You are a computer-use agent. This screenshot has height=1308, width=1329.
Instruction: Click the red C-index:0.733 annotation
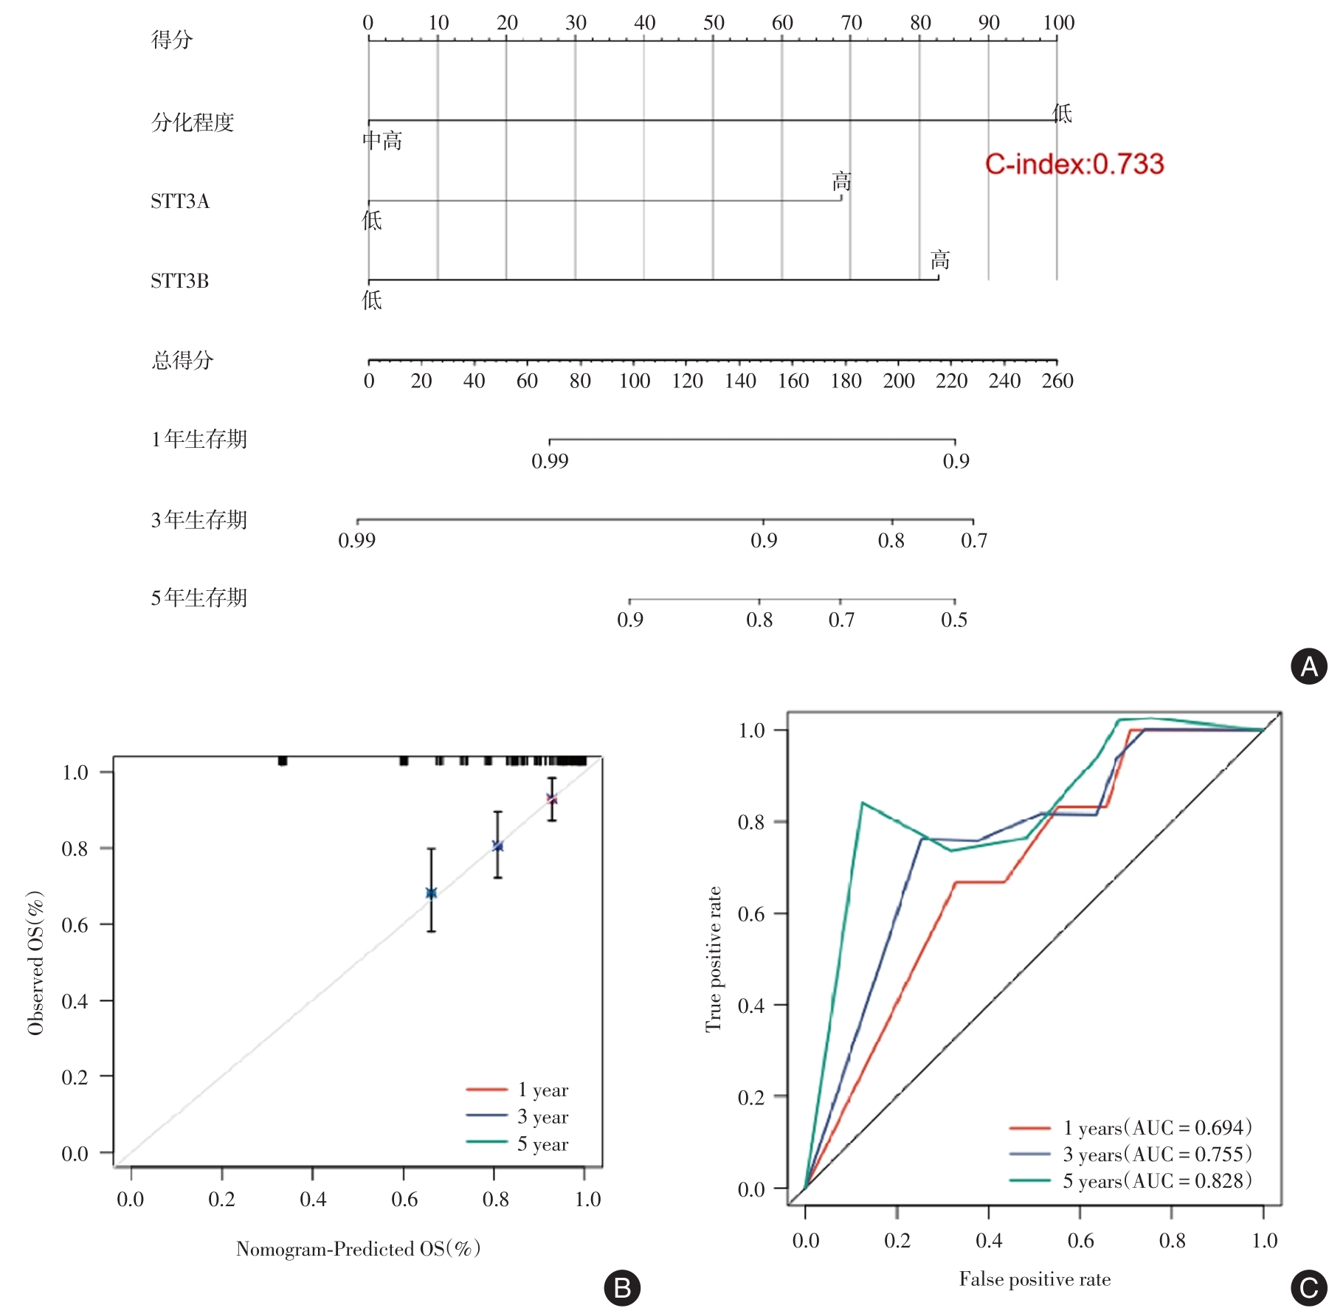pyautogui.click(x=1074, y=164)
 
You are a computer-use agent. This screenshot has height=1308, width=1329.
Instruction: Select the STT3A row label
pyautogui.click(x=180, y=201)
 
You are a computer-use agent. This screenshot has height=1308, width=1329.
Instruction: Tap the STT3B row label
pyautogui.click(x=180, y=281)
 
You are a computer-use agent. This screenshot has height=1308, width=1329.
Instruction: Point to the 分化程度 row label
pyautogui.click(x=193, y=122)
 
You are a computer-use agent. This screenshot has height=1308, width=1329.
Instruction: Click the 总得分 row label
pyautogui.click(x=182, y=360)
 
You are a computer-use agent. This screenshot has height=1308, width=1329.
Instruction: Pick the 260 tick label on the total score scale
pyautogui.click(x=1057, y=381)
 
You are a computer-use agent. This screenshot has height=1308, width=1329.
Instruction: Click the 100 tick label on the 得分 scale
pyautogui.click(x=1058, y=23)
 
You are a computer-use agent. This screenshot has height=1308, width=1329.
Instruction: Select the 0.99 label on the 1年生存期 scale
pyautogui.click(x=550, y=461)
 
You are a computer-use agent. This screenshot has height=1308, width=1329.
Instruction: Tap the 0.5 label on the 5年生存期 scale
pyautogui.click(x=954, y=620)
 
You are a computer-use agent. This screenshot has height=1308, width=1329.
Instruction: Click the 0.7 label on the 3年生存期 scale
pyautogui.click(x=973, y=541)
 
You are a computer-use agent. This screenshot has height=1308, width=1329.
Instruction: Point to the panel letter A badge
pyautogui.click(x=1308, y=666)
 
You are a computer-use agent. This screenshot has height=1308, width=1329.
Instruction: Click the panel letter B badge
pyautogui.click(x=622, y=1287)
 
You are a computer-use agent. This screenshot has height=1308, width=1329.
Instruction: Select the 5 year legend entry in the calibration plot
pyautogui.click(x=542, y=1144)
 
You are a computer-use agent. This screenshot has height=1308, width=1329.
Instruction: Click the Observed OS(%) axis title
pyautogui.click(x=35, y=963)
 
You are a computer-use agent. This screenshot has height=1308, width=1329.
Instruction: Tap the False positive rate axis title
pyautogui.click(x=1035, y=1279)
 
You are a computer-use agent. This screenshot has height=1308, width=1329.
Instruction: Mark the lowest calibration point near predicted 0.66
pyautogui.click(x=432, y=893)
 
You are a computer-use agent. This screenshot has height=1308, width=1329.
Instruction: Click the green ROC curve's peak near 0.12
pyautogui.click(x=862, y=803)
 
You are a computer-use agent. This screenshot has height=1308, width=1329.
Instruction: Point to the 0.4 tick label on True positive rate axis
pyautogui.click(x=750, y=1006)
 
